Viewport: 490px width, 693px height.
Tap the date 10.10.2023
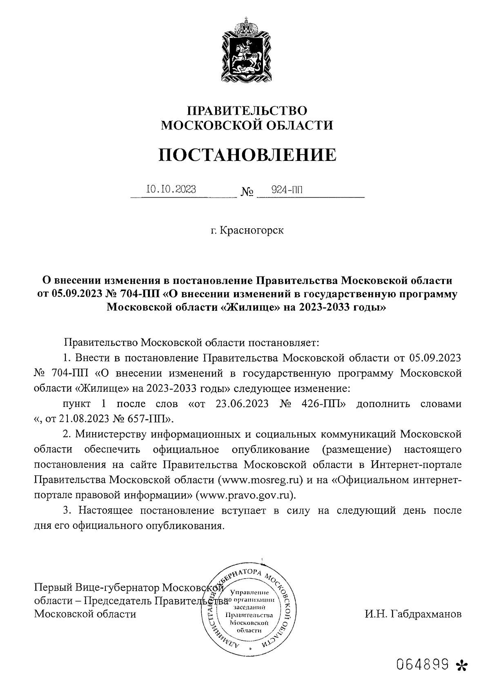tap(171, 189)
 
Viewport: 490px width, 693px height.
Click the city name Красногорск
tap(252, 230)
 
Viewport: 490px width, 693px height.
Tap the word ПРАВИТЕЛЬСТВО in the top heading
tap(247, 110)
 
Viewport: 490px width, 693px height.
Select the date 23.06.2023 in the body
tap(241, 404)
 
